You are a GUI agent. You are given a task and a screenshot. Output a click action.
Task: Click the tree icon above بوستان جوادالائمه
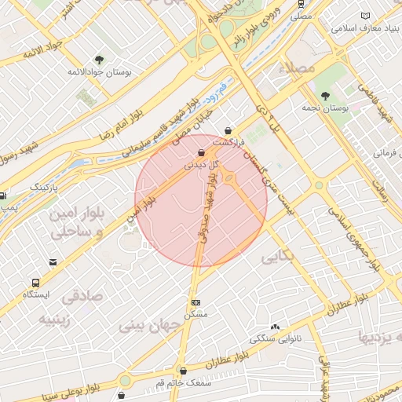tap(98, 60)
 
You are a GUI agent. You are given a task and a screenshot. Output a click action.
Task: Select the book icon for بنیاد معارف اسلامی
tap(364, 16)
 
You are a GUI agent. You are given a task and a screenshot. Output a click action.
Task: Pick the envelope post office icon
tap(53, 261)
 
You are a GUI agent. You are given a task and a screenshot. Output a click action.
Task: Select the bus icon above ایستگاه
tap(35, 282)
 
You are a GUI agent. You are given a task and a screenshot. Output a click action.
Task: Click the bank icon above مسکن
tap(196, 302)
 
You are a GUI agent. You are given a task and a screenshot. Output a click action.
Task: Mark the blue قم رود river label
tap(214, 96)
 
